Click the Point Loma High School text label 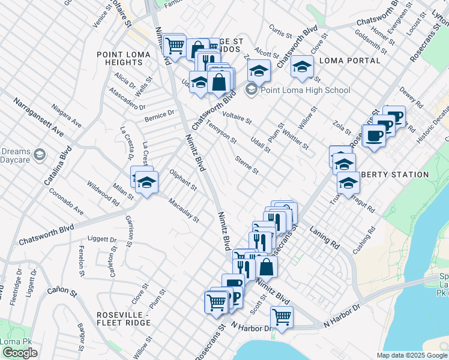(305, 91)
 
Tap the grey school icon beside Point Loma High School (251, 91)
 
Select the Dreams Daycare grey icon (40, 155)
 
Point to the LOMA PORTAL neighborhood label (350, 61)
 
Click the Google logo (20, 353)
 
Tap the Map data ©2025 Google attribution (412, 355)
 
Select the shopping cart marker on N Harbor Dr (281, 316)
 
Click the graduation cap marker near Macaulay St (146, 182)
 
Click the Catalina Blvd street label (57, 164)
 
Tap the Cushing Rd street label (364, 241)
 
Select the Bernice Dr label (159, 114)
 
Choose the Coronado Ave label (66, 203)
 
